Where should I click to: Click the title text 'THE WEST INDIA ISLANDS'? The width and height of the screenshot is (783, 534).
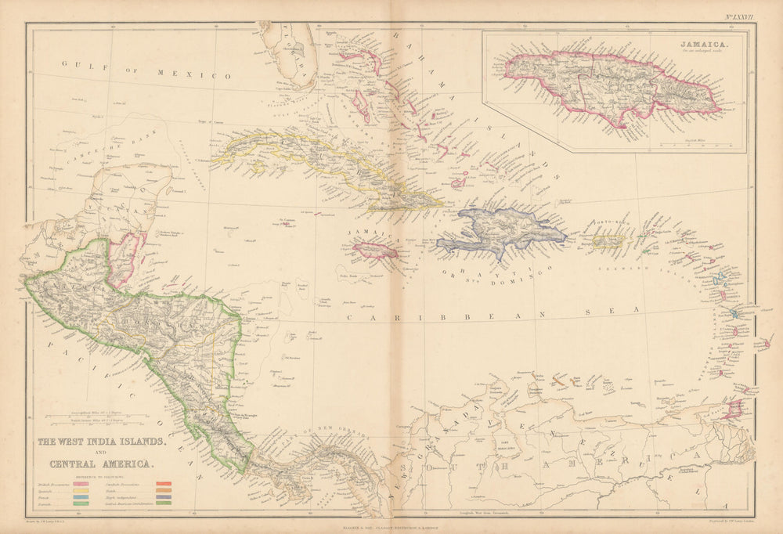102,442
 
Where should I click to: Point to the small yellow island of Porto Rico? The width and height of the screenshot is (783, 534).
607,242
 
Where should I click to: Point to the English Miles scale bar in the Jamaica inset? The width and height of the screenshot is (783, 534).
691,143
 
